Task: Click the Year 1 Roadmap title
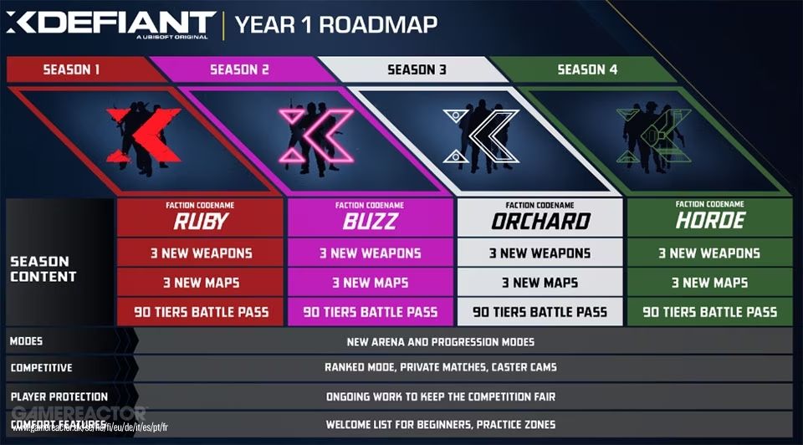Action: click(336, 24)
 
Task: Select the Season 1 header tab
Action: click(72, 69)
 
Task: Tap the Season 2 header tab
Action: click(239, 69)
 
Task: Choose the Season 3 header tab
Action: click(417, 69)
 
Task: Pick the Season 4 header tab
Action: click(587, 69)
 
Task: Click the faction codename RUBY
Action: click(202, 221)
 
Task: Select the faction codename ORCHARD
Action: click(540, 221)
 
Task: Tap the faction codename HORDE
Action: click(709, 221)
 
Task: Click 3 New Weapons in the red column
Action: click(202, 253)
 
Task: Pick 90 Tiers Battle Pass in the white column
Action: click(540, 312)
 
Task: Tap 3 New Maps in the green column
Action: click(709, 283)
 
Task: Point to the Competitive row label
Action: click(42, 367)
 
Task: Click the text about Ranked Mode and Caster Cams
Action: click(440, 367)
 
